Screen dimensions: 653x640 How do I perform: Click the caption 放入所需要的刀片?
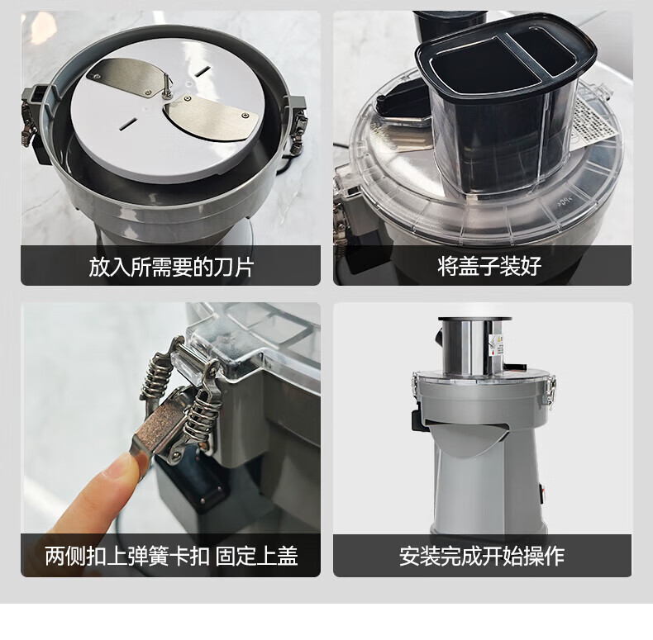pos(171,266)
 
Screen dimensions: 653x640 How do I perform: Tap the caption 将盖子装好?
pos(489,266)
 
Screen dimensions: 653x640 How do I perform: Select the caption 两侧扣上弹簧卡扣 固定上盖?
pos(171,556)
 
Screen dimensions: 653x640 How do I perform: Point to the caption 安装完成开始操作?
pos(482,556)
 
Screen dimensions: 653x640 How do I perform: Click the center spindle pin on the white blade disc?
pos(166,86)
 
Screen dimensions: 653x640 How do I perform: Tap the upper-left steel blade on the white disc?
pos(124,76)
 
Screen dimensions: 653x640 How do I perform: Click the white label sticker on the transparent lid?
pos(594,121)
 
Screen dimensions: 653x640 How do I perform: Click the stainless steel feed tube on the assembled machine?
pos(471,346)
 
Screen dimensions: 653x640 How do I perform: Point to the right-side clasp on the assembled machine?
pos(551,389)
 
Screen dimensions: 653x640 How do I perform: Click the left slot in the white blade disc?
pos(129,124)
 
